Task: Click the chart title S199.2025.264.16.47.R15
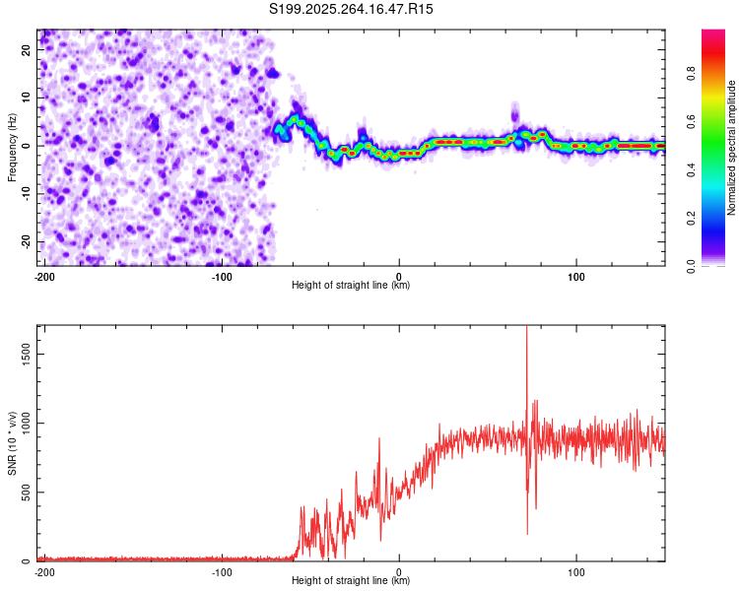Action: (352, 9)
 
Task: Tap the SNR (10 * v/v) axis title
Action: (12, 443)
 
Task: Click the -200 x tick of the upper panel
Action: (43, 276)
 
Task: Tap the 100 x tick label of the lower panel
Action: (577, 571)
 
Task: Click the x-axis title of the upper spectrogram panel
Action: (351, 286)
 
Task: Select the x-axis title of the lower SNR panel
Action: (351, 581)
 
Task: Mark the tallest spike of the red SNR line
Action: (526, 328)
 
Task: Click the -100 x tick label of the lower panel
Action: (222, 571)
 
